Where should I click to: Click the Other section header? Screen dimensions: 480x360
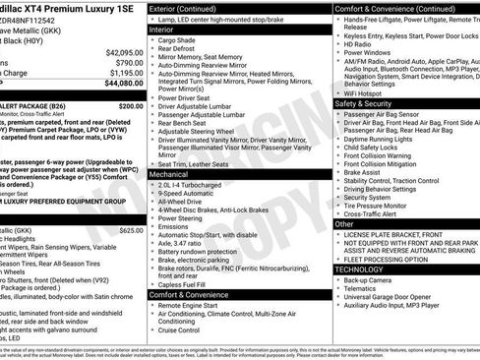(x=345, y=224)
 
